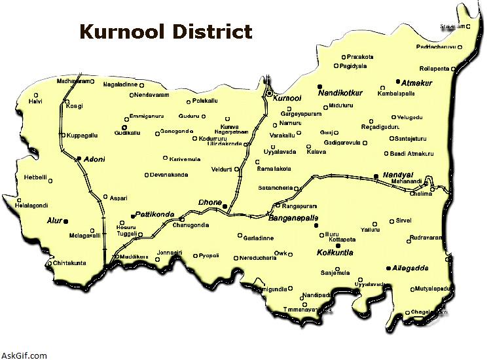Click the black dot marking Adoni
(79, 158)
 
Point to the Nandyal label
(394, 176)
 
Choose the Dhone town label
(210, 202)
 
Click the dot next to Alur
(66, 221)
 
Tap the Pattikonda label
(155, 215)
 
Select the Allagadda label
(410, 268)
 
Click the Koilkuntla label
(335, 252)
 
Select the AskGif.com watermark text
(24, 355)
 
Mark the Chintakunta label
(69, 263)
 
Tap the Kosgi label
(74, 105)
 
